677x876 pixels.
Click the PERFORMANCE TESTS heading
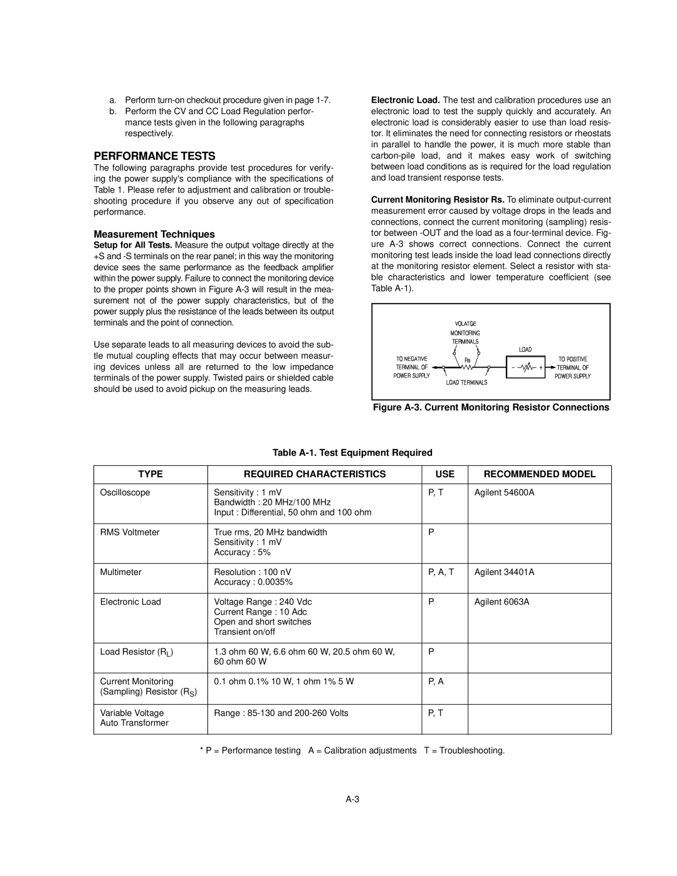pos(154,156)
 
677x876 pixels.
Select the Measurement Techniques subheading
pos(154,234)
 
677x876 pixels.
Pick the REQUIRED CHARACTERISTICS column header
pos(315,474)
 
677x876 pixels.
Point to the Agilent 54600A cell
pos(504,492)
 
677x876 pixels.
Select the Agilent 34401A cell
pos(504,572)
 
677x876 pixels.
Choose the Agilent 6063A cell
pos(501,601)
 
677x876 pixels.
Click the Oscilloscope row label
pos(125,492)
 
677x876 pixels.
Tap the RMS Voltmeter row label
pos(130,532)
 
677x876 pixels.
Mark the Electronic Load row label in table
pos(130,601)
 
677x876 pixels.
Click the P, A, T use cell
pos(441,572)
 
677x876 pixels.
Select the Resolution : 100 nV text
pos(253,572)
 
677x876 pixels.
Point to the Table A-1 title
pos(352,452)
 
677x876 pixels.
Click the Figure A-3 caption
pos(491,408)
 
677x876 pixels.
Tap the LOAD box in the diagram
pos(525,367)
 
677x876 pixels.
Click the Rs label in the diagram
pos(468,360)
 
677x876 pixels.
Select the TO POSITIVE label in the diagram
pos(572,359)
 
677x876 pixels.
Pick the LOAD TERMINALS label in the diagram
pos(466,382)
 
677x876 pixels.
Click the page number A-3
pos(352,799)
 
